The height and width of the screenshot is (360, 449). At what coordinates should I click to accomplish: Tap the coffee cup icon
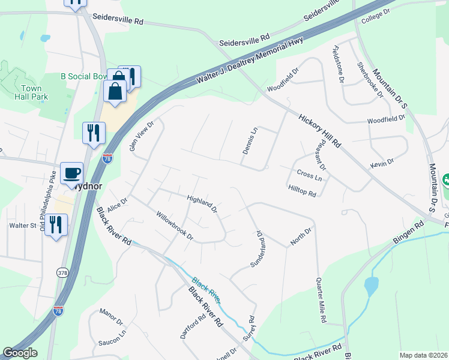pyautogui.click(x=72, y=173)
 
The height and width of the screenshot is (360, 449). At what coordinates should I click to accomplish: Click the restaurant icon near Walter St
pyautogui.click(x=56, y=224)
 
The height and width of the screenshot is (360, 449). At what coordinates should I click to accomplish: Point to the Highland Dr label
pyautogui.click(x=201, y=203)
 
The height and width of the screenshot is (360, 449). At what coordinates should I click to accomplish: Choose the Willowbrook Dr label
pyautogui.click(x=175, y=225)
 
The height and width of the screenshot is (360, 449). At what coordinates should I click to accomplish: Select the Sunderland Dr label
pyautogui.click(x=256, y=248)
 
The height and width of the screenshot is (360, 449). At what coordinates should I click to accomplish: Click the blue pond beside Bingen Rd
pyautogui.click(x=371, y=286)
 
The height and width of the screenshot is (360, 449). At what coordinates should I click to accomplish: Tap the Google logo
pyautogui.click(x=20, y=353)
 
